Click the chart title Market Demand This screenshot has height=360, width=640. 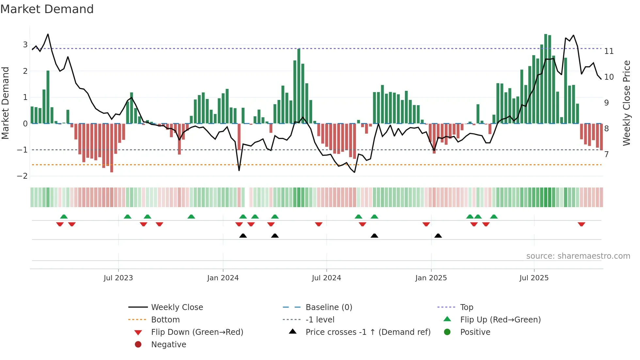coord(47,9)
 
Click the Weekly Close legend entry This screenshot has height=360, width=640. coord(177,307)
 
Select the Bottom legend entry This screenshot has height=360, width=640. coord(165,319)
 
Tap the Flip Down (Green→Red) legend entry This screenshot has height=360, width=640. coord(197,332)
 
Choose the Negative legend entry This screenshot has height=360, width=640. coord(168,344)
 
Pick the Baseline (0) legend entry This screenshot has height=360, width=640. coord(328,307)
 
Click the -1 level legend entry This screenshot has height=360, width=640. coord(320,319)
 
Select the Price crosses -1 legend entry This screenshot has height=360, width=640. coord(368,332)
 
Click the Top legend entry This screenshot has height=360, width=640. coord(467,307)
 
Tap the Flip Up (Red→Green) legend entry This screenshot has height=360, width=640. coord(500,319)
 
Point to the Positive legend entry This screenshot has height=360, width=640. coord(475,332)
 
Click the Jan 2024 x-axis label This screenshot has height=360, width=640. coord(223,278)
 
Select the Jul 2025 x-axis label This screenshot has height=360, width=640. coord(534,278)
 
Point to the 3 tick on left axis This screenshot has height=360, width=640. coord(25,44)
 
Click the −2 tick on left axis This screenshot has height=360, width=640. coord(23,176)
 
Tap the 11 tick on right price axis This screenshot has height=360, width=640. coord(609,51)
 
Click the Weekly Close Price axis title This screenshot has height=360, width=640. coord(626,103)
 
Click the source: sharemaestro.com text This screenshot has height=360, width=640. coord(578,256)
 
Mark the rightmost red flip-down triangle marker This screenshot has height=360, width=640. coord(581,224)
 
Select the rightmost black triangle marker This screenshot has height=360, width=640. coord(438,236)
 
